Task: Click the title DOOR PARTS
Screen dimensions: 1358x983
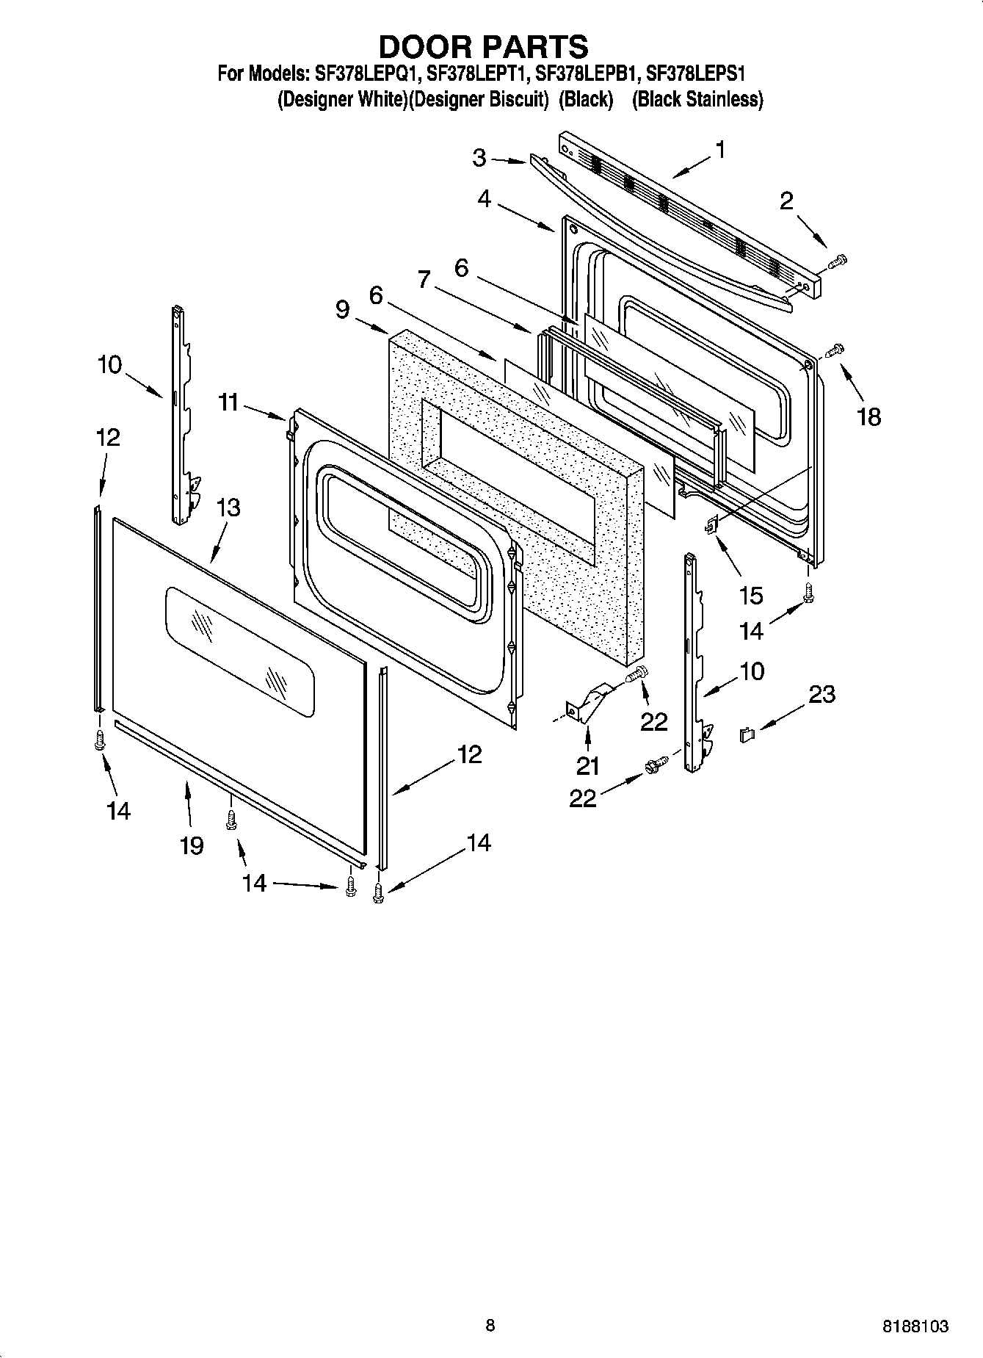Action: pyautogui.click(x=483, y=46)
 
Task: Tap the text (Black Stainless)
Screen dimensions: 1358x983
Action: pyautogui.click(x=697, y=100)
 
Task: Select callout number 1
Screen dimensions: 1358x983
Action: pyautogui.click(x=720, y=150)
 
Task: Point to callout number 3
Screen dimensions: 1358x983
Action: pyautogui.click(x=479, y=157)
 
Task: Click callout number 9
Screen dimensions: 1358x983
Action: pyautogui.click(x=342, y=309)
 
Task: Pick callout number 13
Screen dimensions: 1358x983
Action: pyautogui.click(x=228, y=508)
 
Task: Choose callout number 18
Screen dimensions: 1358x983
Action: pyautogui.click(x=868, y=416)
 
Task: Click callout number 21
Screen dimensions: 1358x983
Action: pyautogui.click(x=587, y=765)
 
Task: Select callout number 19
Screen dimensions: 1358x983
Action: pyautogui.click(x=192, y=845)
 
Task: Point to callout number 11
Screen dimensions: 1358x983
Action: pyautogui.click(x=228, y=402)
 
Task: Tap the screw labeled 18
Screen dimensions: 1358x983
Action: pyautogui.click(x=836, y=350)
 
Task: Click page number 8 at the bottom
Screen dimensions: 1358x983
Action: pyautogui.click(x=490, y=1325)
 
